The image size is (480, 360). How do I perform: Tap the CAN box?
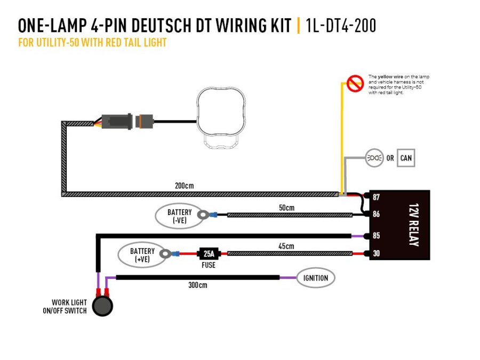coord(405,158)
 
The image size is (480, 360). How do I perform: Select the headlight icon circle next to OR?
coord(374,158)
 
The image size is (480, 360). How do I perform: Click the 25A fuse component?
coord(209,253)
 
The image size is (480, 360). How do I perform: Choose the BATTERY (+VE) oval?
coord(142,255)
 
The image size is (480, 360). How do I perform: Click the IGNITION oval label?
coord(316,278)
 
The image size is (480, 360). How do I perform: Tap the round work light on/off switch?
coord(102,306)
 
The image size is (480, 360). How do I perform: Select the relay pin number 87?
coord(377,197)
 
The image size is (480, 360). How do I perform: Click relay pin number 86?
coord(377,214)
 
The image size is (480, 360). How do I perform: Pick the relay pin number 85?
coord(377,236)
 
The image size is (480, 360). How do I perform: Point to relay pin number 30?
coord(377,253)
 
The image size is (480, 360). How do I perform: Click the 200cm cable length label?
coord(184,186)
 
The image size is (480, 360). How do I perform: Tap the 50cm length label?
coord(286,207)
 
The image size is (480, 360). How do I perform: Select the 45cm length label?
coord(286,246)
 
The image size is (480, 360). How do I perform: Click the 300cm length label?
coord(197,285)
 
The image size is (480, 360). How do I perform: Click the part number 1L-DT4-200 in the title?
coord(341,25)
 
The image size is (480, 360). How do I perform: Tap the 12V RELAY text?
coord(413,225)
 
